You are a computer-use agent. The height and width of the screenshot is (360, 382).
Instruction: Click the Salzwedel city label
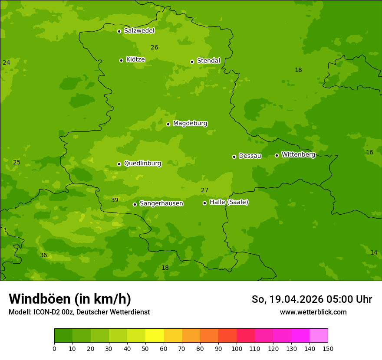(139, 31)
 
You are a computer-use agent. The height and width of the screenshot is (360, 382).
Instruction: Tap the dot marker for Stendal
(192, 62)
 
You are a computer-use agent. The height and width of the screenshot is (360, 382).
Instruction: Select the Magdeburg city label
(190, 124)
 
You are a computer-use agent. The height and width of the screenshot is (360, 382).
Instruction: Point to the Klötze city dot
(121, 60)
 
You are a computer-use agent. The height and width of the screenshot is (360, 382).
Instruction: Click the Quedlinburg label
(142, 164)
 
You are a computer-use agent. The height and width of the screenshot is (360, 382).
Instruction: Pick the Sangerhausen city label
(161, 203)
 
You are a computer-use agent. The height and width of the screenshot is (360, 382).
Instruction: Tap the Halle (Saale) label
(229, 202)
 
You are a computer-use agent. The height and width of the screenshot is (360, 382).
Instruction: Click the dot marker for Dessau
(234, 157)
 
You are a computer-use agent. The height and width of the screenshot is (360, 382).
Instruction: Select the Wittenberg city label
(298, 154)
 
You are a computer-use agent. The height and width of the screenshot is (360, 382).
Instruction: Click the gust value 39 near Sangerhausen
(115, 200)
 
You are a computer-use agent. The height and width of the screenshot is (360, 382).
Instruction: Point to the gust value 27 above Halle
(205, 190)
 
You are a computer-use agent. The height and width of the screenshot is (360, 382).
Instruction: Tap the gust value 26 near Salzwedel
(155, 48)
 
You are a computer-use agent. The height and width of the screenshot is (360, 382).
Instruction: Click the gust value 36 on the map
(43, 255)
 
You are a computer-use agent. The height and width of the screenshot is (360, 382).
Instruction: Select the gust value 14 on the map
(374, 253)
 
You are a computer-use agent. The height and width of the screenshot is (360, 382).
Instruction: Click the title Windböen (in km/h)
(70, 299)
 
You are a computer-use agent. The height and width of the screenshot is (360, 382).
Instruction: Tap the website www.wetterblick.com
(313, 312)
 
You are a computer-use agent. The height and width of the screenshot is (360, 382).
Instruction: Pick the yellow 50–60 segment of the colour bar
(155, 336)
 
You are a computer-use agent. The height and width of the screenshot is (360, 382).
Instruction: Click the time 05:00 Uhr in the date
(351, 299)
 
